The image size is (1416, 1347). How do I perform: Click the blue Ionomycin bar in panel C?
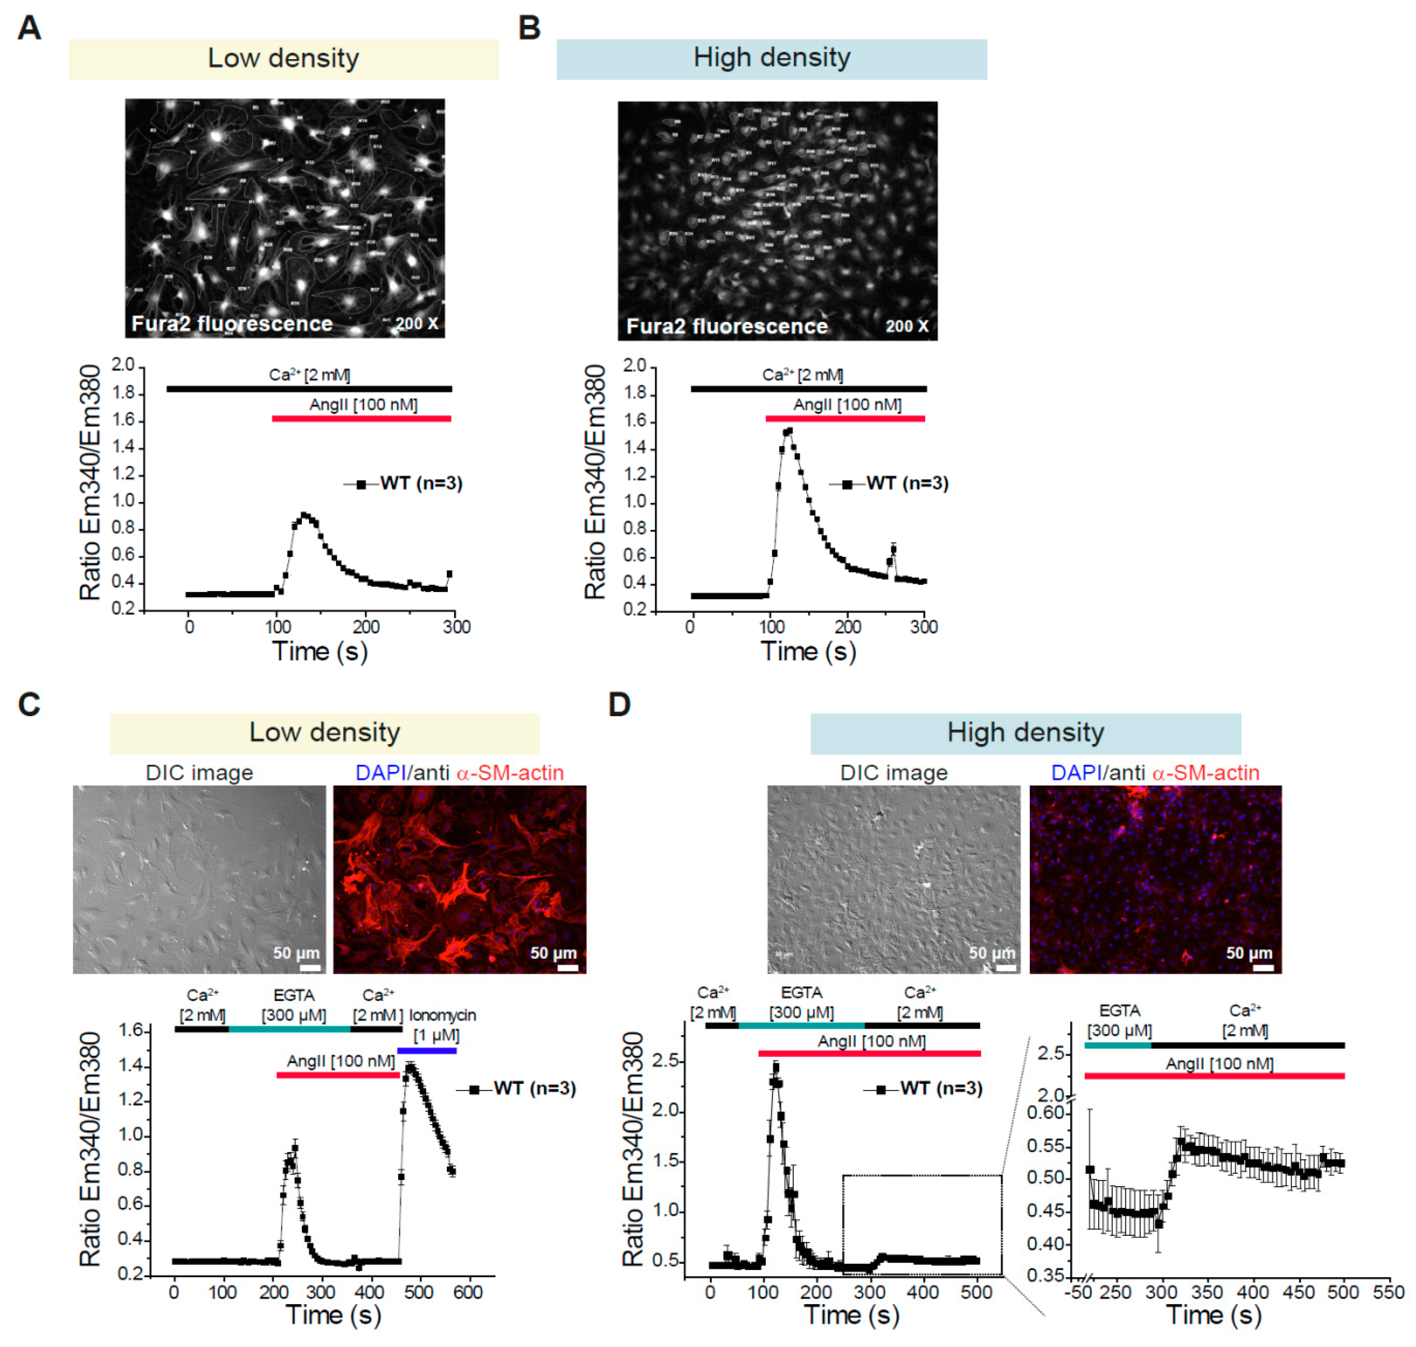(427, 1051)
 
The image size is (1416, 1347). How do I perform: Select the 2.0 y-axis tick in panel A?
(123, 365)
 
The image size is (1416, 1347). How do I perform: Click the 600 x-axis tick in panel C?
(468, 1292)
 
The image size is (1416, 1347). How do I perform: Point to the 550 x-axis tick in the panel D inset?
(1388, 1292)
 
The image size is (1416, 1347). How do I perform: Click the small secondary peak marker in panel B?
(893, 550)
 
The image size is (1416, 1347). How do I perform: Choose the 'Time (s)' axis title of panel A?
(320, 652)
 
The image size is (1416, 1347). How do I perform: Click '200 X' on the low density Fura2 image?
(417, 324)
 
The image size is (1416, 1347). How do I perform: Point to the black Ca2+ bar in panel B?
(808, 389)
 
